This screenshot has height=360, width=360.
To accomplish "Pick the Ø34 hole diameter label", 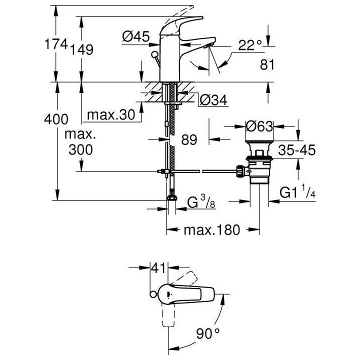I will pyautogui.click(x=213, y=100).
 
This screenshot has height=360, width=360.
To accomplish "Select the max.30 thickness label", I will pyautogui.click(x=111, y=115).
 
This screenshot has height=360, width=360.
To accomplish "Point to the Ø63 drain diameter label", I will pyautogui.click(x=259, y=126).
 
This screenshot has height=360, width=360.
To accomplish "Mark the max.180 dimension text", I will pyautogui.click(x=211, y=230).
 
